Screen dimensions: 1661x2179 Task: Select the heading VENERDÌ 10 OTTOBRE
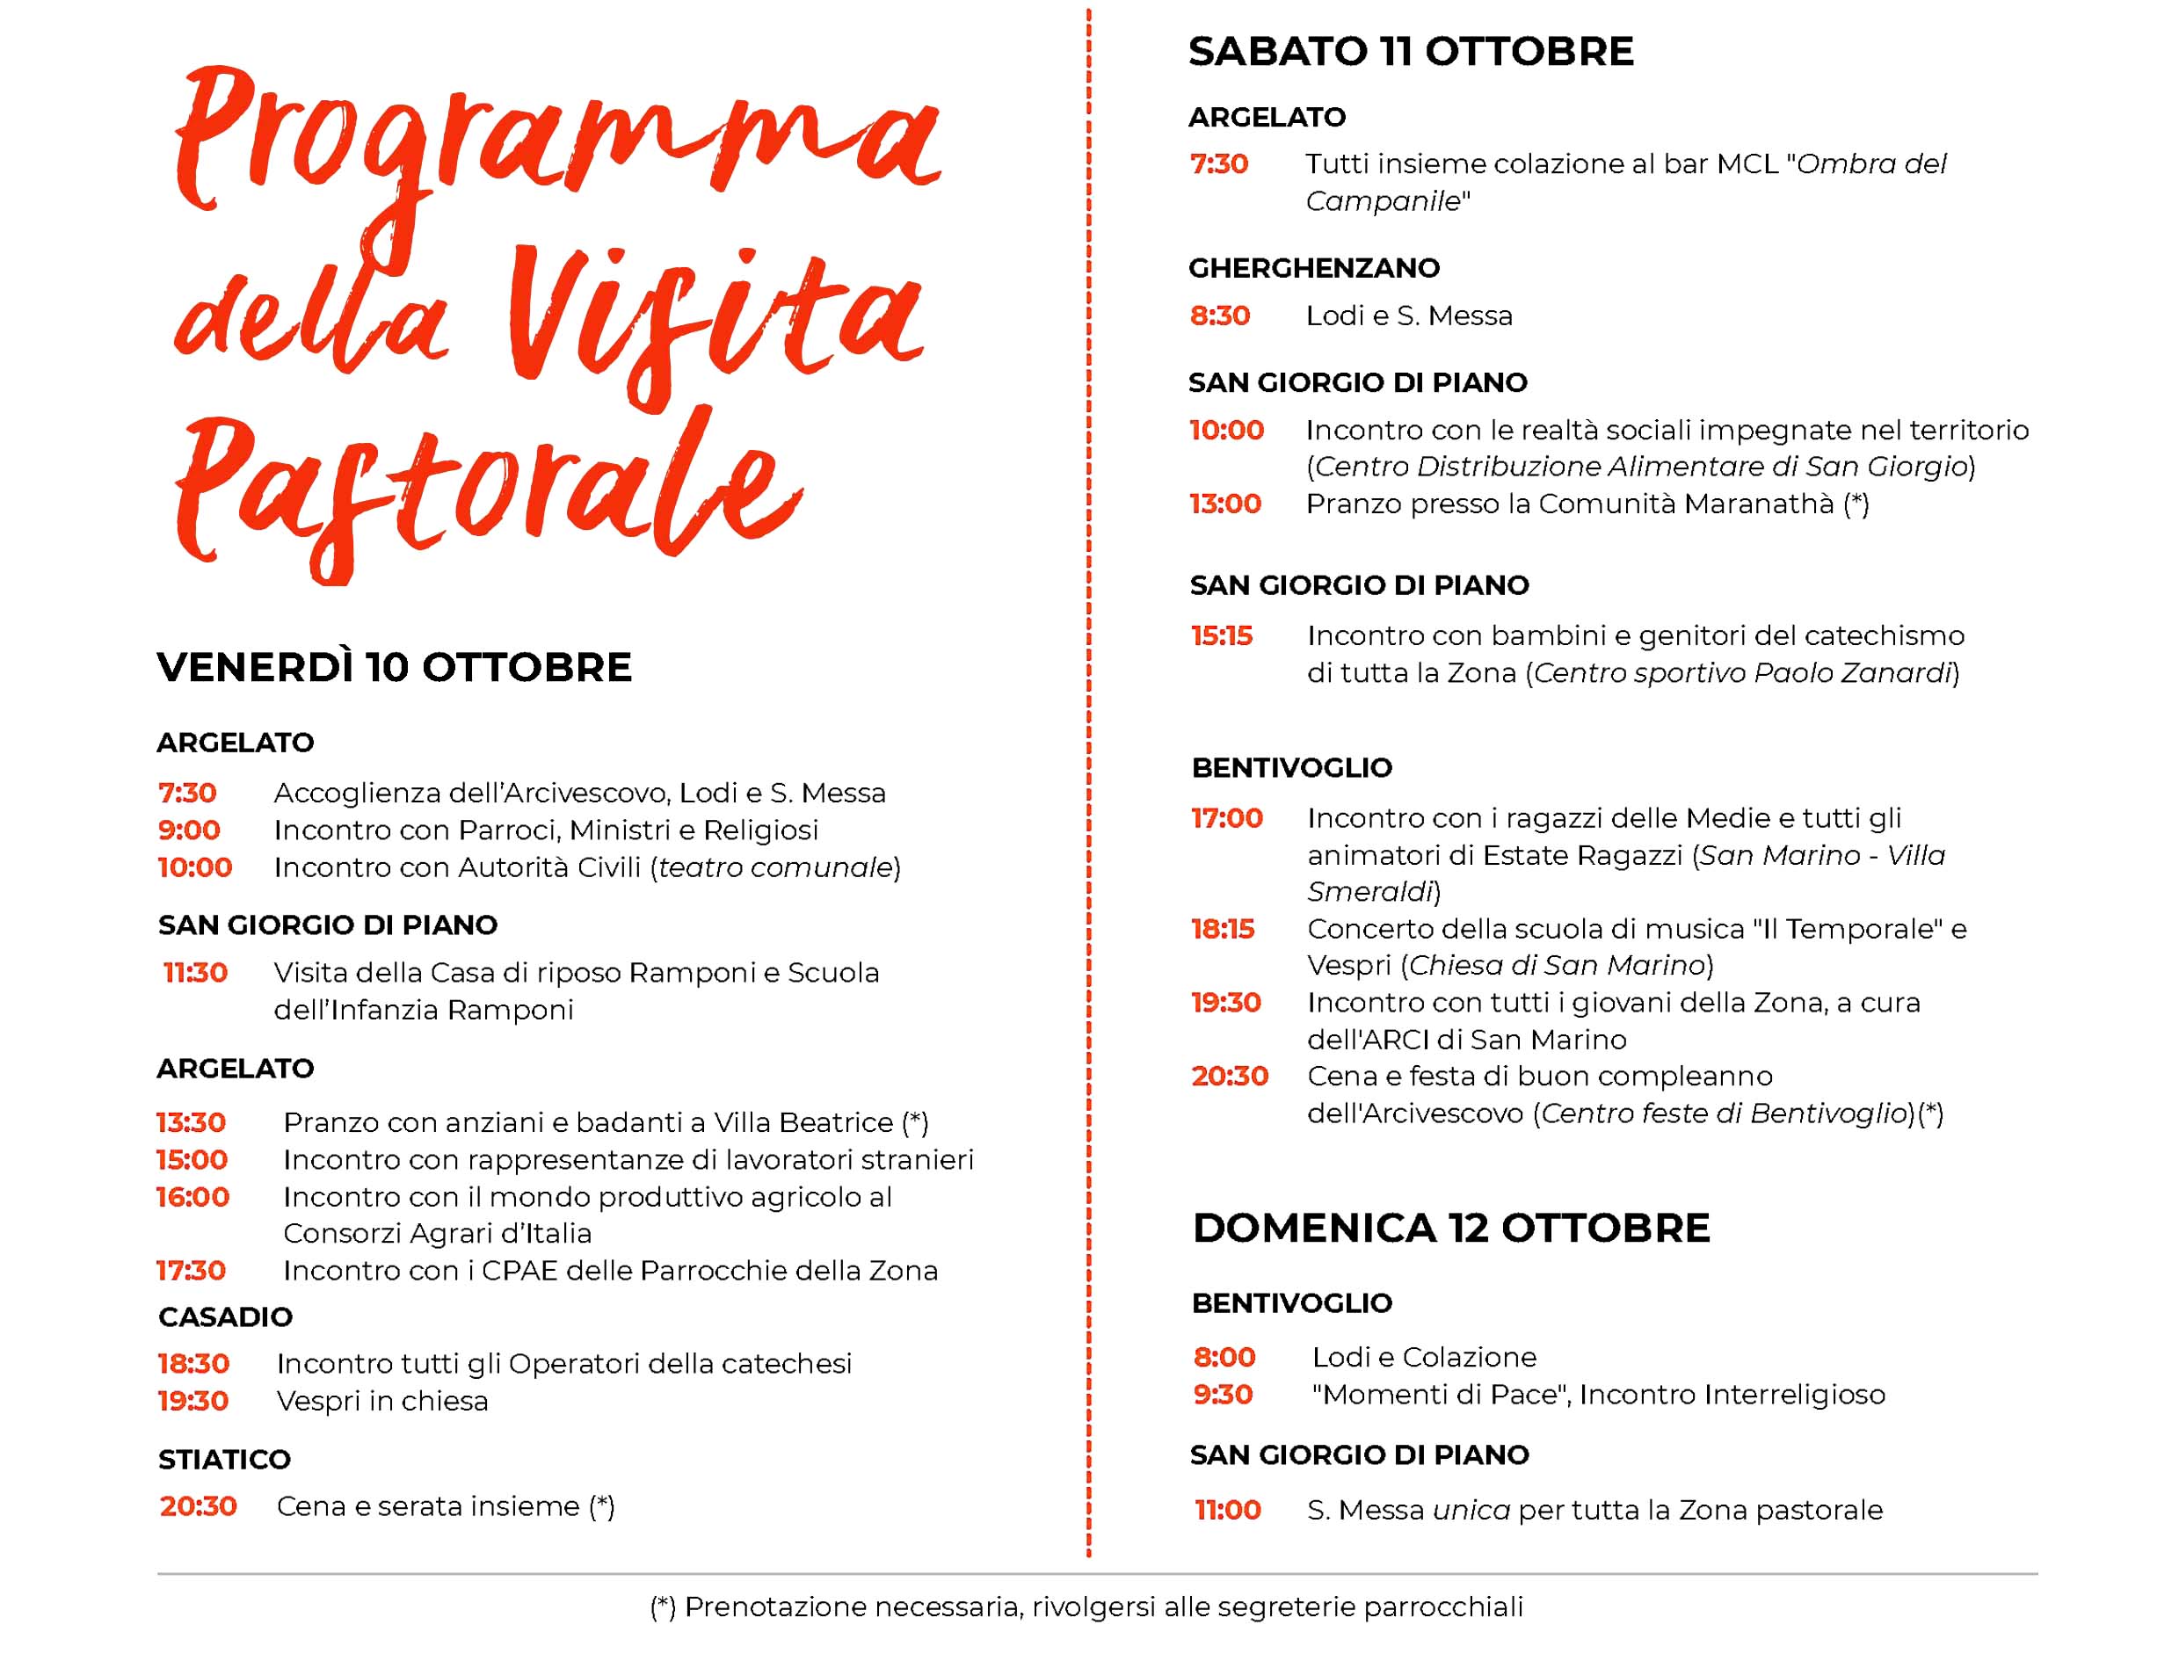pos(394,668)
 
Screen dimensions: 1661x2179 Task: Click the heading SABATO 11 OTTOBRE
pos(1410,51)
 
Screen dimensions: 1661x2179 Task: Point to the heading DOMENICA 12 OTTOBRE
pos(1450,1228)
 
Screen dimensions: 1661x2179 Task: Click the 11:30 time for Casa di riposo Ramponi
pos(196,973)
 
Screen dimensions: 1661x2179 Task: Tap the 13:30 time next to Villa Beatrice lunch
pos(192,1122)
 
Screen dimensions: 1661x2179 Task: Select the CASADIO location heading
pos(225,1316)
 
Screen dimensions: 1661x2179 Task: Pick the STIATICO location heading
pos(224,1459)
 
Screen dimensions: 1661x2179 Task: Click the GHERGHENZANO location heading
pos(1313,268)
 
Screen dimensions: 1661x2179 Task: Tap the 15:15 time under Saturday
pos(1222,635)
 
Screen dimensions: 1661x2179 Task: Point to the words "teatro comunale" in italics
pos(775,868)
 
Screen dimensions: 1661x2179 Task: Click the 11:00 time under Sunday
pos(1228,1511)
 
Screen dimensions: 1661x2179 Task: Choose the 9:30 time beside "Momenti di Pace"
pos(1223,1395)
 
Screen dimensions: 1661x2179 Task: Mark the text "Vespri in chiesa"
pos(381,1402)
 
